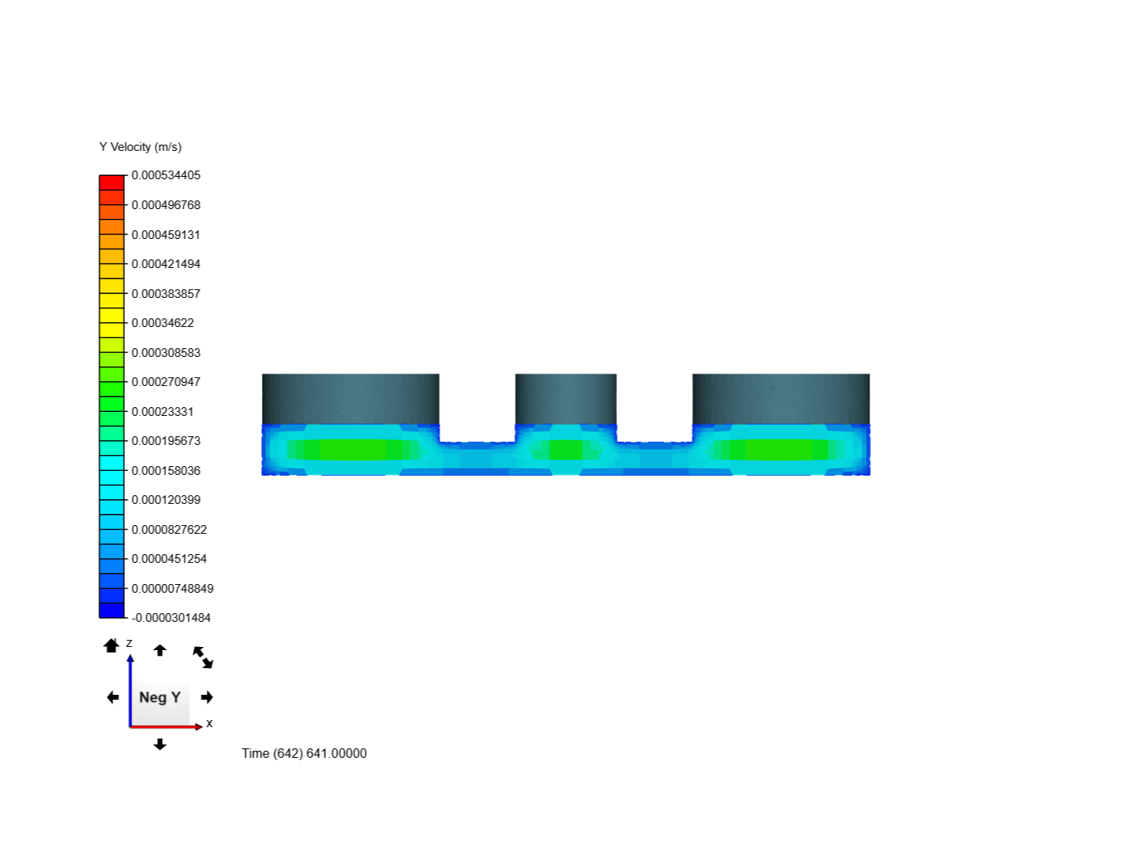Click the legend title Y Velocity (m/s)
tap(140, 147)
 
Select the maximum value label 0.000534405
tap(166, 175)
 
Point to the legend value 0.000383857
tap(166, 294)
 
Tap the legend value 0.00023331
tap(163, 412)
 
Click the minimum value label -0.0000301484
tap(171, 618)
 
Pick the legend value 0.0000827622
tap(169, 530)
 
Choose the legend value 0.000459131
tap(166, 235)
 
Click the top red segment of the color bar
tap(112, 183)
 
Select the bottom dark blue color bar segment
tap(112, 610)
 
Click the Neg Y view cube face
tap(160, 697)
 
